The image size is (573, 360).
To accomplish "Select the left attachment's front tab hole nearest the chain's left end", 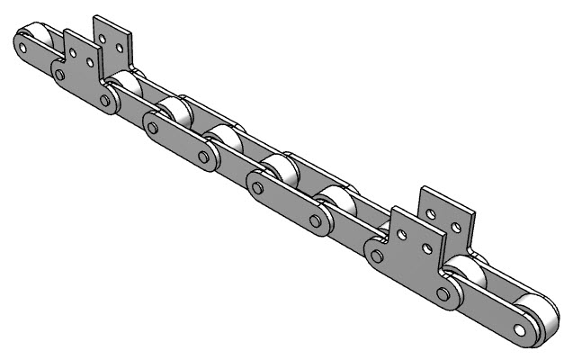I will click(72, 51).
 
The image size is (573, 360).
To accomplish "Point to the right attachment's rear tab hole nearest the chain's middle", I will click(434, 214).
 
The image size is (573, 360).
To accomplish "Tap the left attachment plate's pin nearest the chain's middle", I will click(106, 102).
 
